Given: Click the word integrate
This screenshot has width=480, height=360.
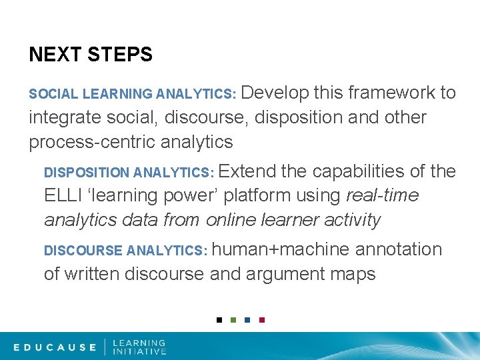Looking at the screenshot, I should pyautogui.click(x=65, y=117).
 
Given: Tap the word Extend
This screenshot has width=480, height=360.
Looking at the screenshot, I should pyautogui.click(x=247, y=171).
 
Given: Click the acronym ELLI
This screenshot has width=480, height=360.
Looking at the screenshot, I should pyautogui.click(x=61, y=196).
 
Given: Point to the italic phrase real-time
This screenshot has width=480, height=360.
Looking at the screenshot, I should pyautogui.click(x=383, y=196).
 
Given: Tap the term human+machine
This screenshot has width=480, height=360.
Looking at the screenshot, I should pyautogui.click(x=281, y=249).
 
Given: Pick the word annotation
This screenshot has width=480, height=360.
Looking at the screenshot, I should pyautogui.click(x=399, y=249).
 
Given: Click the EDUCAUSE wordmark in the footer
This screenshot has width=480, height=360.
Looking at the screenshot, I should pyautogui.click(x=55, y=347).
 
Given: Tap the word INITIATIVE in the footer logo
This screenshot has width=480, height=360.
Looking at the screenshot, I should pyautogui.click(x=139, y=351).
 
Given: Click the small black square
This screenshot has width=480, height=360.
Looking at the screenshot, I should pyautogui.click(x=219, y=320).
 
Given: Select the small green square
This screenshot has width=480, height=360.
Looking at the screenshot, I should pyautogui.click(x=233, y=320).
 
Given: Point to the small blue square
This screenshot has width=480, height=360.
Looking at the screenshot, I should pyautogui.click(x=247, y=320).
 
